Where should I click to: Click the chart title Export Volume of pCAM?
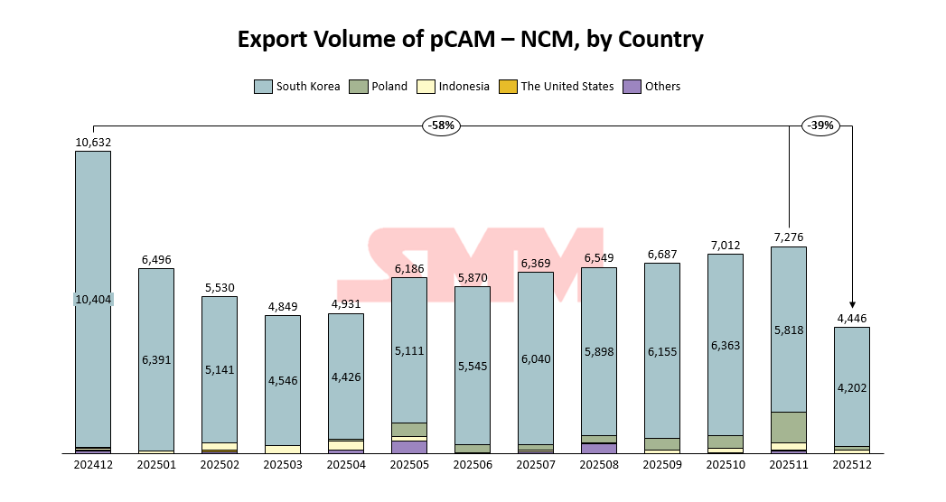470,40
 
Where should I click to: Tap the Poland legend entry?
380,87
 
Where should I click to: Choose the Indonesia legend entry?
454,87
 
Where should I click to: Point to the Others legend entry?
652,87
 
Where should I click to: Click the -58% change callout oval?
441,126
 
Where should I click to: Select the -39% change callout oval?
820,126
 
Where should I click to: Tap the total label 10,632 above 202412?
93,142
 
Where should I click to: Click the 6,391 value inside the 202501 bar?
156,360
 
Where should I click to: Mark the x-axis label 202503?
283,465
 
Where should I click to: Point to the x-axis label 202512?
852,465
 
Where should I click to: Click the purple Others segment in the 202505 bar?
409,446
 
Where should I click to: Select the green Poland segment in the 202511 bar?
789,427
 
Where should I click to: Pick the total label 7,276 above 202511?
789,237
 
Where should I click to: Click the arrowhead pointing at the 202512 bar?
852,305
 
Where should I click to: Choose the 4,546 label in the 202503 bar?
283,381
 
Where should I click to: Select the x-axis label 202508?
599,465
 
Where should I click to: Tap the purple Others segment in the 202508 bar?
599,448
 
